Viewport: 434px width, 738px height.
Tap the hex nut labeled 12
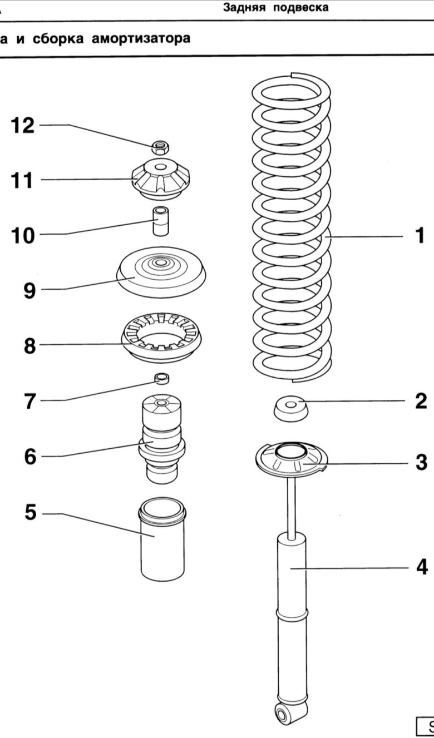click(161, 147)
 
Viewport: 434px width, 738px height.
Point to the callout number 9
click(29, 290)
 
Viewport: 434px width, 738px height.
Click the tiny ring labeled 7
click(161, 379)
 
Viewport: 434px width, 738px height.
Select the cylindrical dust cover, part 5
click(162, 539)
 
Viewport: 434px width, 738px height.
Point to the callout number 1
click(419, 236)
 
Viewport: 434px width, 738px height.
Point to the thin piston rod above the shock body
click(291, 503)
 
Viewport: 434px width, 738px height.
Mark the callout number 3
click(421, 462)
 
